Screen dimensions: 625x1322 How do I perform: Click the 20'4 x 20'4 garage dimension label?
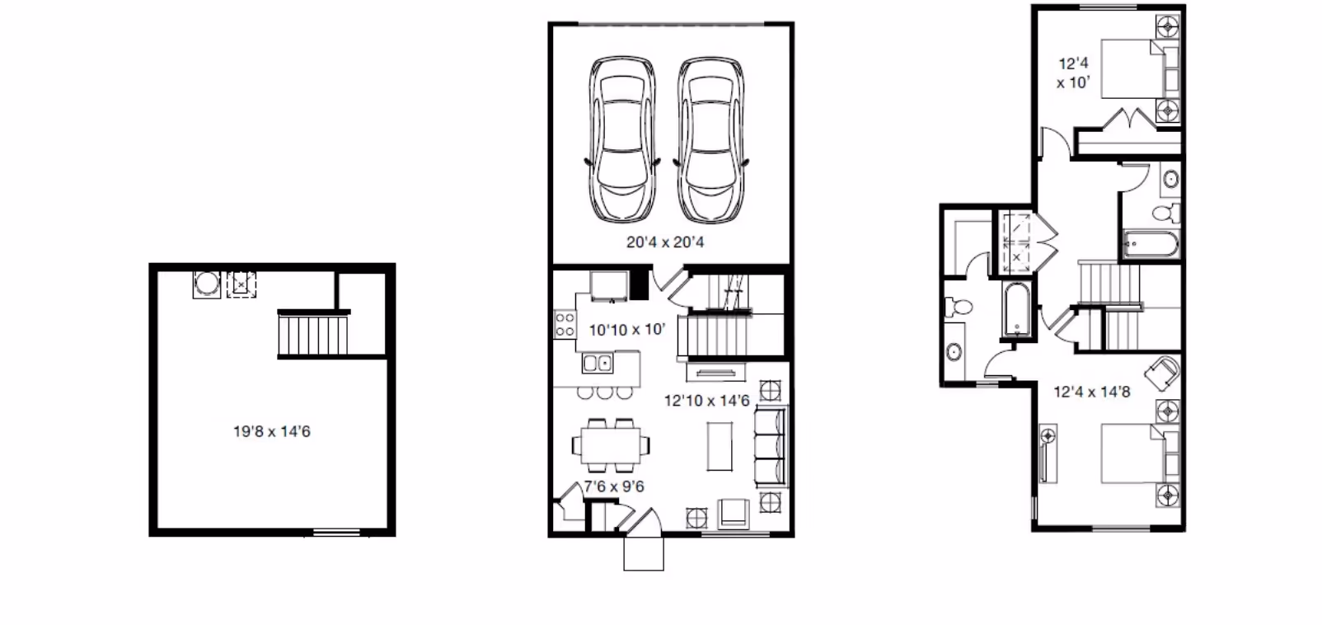[665, 242]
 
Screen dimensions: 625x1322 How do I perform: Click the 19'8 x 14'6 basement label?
[272, 431]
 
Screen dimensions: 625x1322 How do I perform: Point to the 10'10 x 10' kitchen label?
[626, 330]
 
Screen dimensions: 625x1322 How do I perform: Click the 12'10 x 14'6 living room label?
[707, 401]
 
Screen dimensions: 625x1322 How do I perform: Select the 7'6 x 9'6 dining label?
[614, 486]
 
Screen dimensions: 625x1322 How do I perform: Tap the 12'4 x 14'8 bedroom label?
[1092, 392]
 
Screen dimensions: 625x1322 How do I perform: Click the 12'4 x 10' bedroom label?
[1074, 73]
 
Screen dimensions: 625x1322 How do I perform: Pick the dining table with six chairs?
[611, 444]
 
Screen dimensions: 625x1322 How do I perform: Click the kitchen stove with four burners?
[565, 323]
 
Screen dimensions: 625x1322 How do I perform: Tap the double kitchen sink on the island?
[596, 362]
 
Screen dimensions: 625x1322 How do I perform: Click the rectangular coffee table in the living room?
[719, 446]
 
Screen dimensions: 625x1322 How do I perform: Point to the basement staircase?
[313, 334]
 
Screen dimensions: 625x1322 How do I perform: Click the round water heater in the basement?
[206, 284]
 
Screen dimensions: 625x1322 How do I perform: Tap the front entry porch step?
[644, 554]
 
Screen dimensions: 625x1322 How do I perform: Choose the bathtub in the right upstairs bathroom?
[1151, 244]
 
